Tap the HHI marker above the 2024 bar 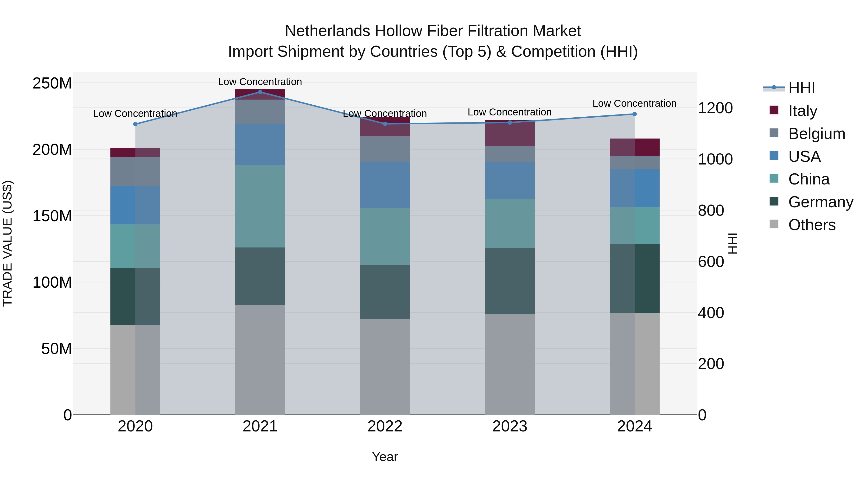pos(634,114)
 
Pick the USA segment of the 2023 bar pos(510,180)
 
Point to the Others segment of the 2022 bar pos(385,366)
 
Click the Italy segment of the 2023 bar pos(510,134)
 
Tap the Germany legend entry pos(820,202)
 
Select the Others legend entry pos(812,225)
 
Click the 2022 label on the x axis pos(385,426)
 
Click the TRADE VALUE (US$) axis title pos(7,243)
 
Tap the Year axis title pos(385,457)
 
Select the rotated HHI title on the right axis pos(733,243)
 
